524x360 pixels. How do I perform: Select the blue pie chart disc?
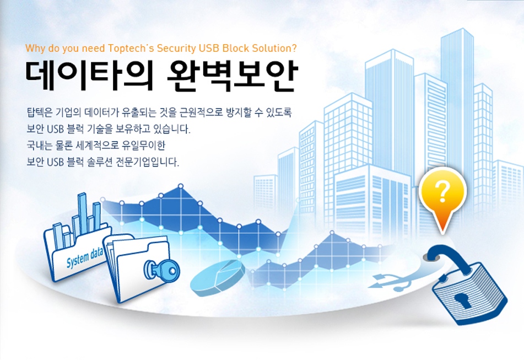217,278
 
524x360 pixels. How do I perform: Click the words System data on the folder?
84,258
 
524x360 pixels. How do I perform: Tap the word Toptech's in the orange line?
131,49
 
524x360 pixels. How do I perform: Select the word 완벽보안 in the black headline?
231,76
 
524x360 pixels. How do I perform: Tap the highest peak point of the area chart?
181,186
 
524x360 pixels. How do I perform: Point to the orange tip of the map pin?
443,230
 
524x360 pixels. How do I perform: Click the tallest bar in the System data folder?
82,213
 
